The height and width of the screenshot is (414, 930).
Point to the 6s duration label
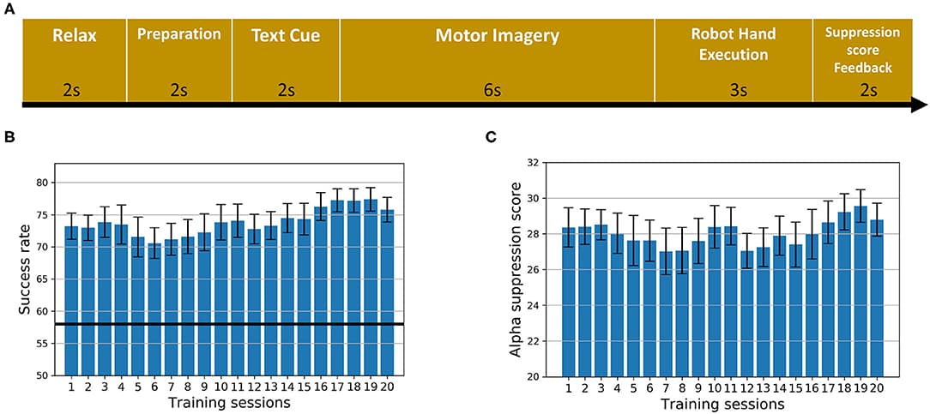(x=497, y=89)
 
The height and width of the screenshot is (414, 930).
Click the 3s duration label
(x=733, y=89)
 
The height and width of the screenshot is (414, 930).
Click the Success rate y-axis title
(x=25, y=269)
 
